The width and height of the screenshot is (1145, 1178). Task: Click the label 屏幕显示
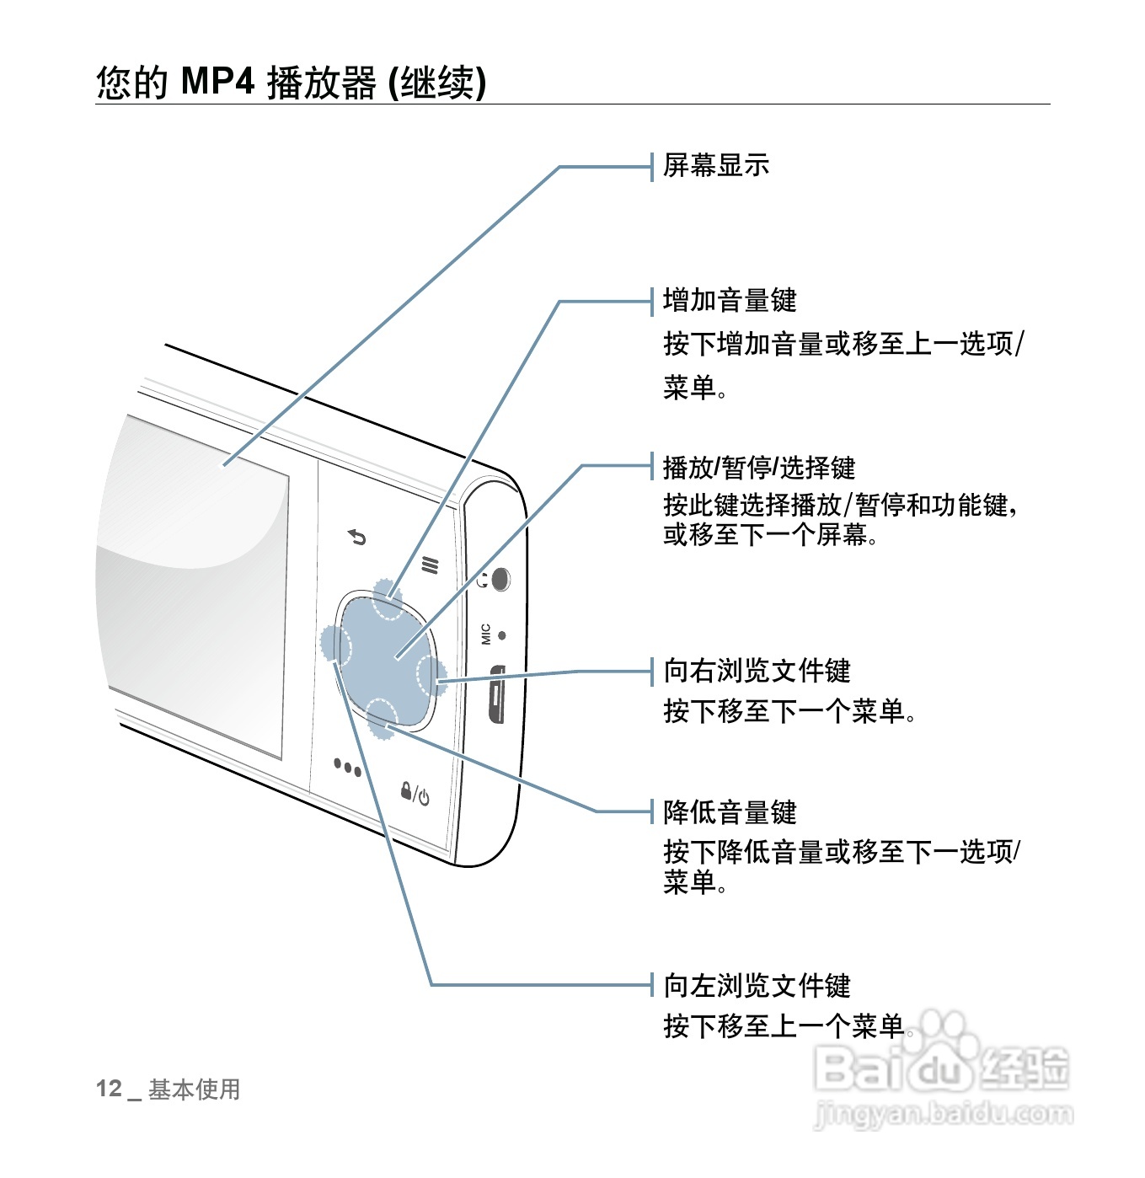[715, 165]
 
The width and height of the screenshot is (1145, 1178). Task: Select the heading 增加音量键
[730, 300]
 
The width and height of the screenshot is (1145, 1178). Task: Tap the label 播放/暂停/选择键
[759, 467]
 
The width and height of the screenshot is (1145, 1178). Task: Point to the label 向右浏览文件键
[757, 671]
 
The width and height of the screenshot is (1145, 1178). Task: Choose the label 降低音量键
[730, 812]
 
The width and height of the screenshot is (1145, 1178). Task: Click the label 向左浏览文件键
[757, 985]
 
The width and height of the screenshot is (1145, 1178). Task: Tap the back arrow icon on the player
[358, 537]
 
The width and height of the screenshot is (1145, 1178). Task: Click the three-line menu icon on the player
[431, 565]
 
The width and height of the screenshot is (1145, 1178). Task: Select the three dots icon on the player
[347, 768]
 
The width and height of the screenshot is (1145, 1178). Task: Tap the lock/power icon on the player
[415, 794]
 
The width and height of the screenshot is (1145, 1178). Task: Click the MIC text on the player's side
[486, 634]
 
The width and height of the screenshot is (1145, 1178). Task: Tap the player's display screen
[194, 581]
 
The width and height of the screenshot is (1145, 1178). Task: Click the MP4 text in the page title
[217, 83]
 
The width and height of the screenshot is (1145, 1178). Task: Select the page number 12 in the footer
[109, 1089]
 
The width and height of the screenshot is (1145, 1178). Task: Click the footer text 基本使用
[195, 1090]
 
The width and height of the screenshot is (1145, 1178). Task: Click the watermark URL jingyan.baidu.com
[944, 1115]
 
